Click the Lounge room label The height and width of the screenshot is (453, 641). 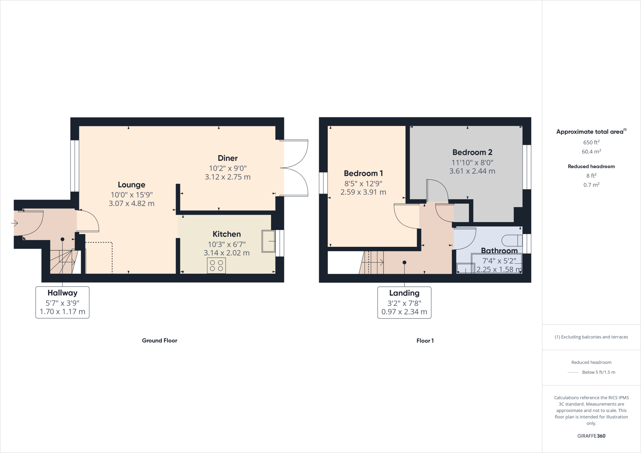131,185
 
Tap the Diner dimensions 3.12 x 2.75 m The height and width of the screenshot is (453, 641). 228,177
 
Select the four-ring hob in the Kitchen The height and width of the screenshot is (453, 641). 216,266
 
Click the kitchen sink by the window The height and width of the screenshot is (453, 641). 268,241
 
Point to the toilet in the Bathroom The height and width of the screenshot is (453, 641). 512,241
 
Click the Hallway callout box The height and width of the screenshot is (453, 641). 62,302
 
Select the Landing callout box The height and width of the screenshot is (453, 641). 404,303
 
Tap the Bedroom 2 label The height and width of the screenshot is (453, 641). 472,152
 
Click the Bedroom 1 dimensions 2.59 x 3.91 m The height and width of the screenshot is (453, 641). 363,192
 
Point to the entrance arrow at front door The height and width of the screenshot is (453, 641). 14,223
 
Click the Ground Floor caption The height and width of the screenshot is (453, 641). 159,340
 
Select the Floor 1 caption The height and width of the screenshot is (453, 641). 425,341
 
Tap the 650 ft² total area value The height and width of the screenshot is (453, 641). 591,142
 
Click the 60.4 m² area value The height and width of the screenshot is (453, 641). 591,152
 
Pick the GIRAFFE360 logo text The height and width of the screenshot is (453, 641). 591,436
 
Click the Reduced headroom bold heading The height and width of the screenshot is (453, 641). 591,166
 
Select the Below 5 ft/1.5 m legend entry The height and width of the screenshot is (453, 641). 598,372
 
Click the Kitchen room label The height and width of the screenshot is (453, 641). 227,234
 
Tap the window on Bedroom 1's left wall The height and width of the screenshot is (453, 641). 323,183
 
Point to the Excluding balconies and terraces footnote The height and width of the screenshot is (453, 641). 591,337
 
